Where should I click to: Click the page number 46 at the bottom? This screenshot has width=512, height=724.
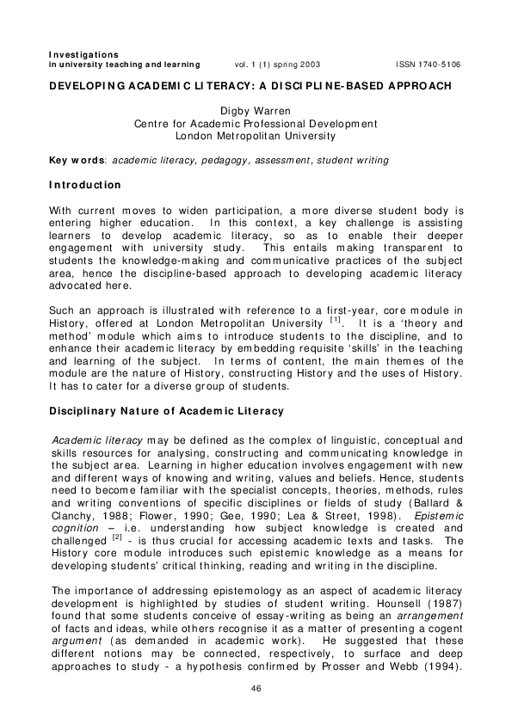256,689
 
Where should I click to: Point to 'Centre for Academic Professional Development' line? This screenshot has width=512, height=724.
256,124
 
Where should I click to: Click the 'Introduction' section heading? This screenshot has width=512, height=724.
85,185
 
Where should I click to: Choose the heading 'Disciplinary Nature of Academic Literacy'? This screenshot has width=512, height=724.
166,412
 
